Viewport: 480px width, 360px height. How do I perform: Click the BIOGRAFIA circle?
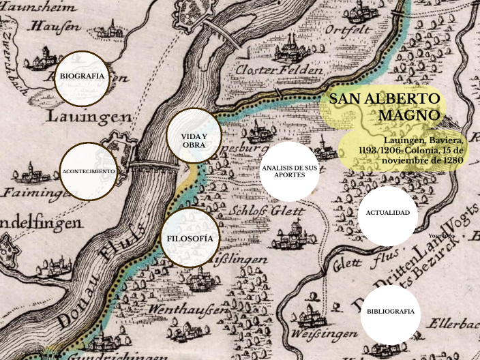tap(82, 76)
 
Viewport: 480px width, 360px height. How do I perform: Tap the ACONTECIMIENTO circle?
tap(88, 171)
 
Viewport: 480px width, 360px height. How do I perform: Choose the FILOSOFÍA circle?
tap(190, 239)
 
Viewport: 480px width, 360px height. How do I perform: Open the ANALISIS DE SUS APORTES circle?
tap(289, 171)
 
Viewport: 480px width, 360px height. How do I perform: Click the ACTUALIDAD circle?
tap(387, 213)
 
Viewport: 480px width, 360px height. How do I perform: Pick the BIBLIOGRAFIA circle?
tap(390, 312)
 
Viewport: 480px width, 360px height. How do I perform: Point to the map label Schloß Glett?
tap(266, 211)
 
